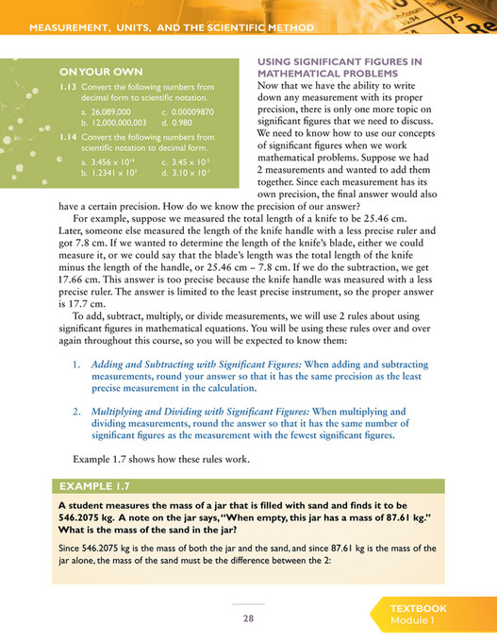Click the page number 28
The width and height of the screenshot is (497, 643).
(x=248, y=618)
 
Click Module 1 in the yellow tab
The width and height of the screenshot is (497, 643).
(x=415, y=621)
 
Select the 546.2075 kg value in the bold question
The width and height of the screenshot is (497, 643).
(x=88, y=519)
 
